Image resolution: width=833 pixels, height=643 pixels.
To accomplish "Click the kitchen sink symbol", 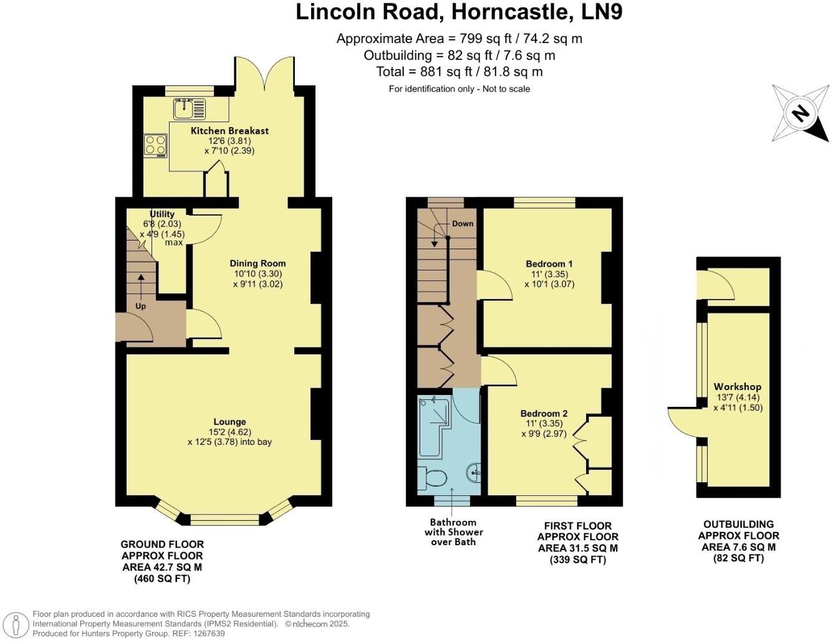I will [x=189, y=109].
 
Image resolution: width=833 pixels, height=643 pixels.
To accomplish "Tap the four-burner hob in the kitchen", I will [x=156, y=145].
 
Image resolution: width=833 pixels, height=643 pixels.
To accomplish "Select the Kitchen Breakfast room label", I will [x=229, y=131].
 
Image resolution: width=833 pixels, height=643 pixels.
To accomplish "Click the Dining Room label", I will [x=258, y=264].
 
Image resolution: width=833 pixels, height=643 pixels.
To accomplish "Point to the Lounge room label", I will [x=229, y=422].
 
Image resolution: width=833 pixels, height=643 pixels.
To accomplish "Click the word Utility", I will [x=162, y=214].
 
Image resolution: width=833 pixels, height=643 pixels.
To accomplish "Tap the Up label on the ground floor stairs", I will [x=140, y=307].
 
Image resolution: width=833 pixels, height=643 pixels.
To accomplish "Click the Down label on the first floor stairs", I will [x=463, y=224].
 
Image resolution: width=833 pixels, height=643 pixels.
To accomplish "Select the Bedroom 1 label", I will [x=549, y=264].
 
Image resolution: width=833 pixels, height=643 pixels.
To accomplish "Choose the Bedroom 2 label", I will [x=544, y=414].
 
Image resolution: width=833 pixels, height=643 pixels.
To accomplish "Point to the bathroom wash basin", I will [x=473, y=472].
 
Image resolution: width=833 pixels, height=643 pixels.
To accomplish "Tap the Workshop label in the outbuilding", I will [x=738, y=387].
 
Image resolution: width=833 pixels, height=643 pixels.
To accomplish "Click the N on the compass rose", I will [x=801, y=113].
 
